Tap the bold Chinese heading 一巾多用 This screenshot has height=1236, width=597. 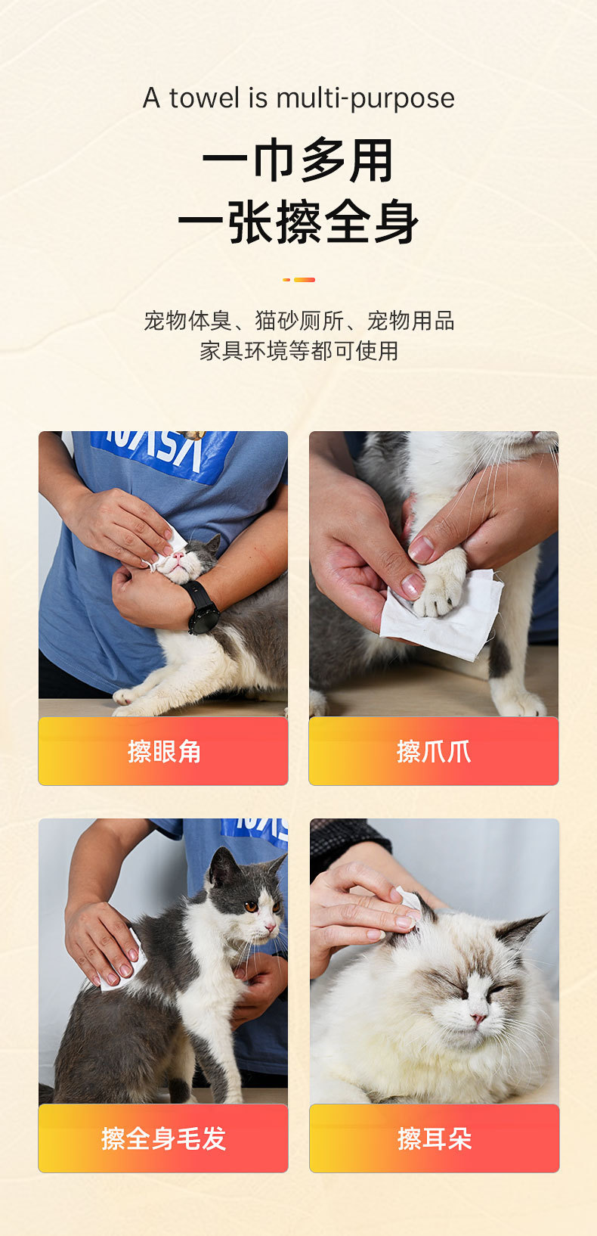pyautogui.click(x=298, y=160)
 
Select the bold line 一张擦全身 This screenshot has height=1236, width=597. pyautogui.click(x=298, y=222)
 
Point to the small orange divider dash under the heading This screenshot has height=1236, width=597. pyautogui.click(x=298, y=280)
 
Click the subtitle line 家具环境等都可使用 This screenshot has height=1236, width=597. pyautogui.click(x=298, y=351)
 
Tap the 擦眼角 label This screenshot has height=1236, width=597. pyautogui.click(x=164, y=752)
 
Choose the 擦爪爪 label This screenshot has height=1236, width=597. pyautogui.click(x=434, y=752)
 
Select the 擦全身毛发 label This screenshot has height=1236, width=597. pyautogui.click(x=164, y=1138)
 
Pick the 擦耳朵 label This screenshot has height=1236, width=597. pyautogui.click(x=435, y=1138)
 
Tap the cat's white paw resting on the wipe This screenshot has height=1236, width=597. pyautogui.click(x=442, y=584)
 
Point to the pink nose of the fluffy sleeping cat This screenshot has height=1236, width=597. pyautogui.click(x=478, y=1017)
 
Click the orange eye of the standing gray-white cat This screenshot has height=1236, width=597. pyautogui.click(x=251, y=906)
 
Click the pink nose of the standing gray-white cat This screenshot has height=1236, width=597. pyautogui.click(x=270, y=928)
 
